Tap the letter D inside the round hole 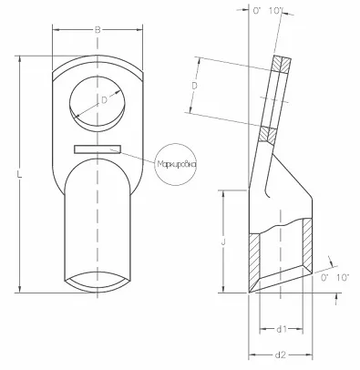coord(103,99)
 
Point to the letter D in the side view coord(194,85)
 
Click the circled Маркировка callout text coord(176,163)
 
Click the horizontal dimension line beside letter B coord(73,30)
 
